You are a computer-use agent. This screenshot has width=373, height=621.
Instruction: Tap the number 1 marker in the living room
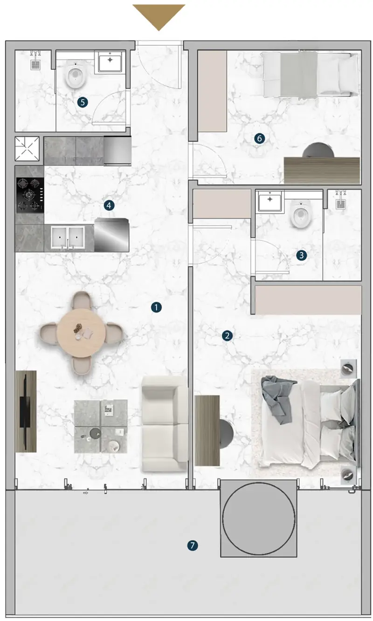156,307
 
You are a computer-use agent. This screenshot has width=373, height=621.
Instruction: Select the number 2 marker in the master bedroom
227,336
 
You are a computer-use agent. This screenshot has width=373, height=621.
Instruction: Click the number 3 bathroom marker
301,255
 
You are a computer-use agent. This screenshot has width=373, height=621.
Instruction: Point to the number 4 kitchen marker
109,205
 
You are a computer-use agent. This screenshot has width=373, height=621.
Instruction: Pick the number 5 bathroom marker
83,102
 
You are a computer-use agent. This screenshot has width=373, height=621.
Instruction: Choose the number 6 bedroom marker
260,138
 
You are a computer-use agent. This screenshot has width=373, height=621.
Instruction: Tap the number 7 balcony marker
192,546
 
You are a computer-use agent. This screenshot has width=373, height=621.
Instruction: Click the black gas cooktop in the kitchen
30,195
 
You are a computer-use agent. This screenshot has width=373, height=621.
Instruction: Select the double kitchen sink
68,237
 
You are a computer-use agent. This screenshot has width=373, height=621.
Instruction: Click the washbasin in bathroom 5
110,62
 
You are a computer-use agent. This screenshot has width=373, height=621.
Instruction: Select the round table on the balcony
259,519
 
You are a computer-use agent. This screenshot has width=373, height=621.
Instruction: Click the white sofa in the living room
164,423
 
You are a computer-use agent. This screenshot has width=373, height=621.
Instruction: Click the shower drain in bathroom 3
341,204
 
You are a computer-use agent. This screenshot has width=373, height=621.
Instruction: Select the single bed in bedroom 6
310,75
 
